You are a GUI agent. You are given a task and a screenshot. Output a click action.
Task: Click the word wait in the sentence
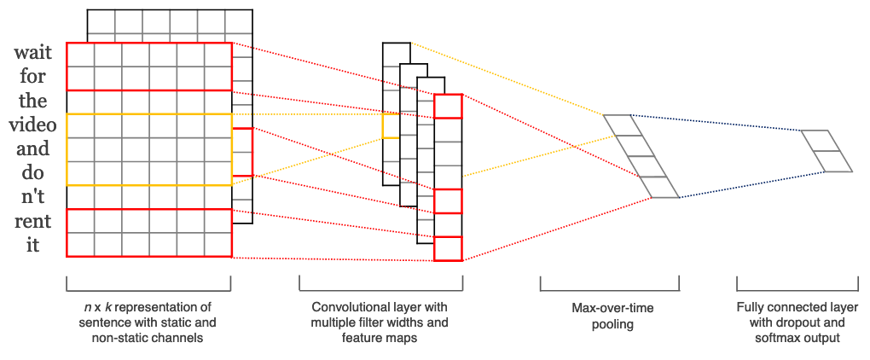[x=32, y=53]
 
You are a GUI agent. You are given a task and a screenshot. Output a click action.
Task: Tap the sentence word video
[x=32, y=125]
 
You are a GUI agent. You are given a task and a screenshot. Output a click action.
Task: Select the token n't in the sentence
[x=32, y=197]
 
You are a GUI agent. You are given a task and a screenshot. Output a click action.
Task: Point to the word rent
[x=32, y=221]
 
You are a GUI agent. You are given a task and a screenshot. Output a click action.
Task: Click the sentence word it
[x=32, y=245]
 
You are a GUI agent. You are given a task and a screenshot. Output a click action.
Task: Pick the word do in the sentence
[x=32, y=173]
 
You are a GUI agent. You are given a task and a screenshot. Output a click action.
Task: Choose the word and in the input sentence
[x=32, y=148]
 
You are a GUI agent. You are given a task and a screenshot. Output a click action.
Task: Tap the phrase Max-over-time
[x=610, y=308]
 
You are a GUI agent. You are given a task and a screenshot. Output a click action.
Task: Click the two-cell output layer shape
[x=826, y=151]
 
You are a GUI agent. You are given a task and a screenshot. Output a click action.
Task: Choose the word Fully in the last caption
[x=749, y=307]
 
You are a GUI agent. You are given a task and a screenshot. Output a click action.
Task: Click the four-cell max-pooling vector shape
[x=641, y=156]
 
